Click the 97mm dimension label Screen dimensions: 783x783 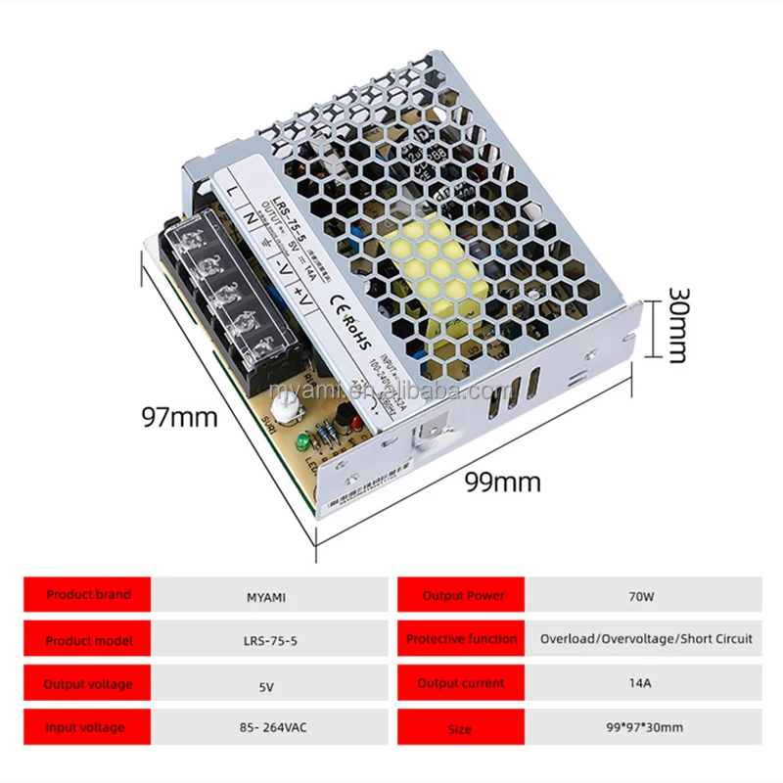coord(179,417)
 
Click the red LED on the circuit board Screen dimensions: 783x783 coord(356,423)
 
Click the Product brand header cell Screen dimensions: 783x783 coord(88,594)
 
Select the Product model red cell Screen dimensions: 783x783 coord(88,640)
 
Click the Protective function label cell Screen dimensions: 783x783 coord(461,639)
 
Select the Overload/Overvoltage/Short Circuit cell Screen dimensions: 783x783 coord(646,639)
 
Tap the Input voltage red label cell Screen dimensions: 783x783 coord(88,728)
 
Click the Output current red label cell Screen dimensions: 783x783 coord(461,683)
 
